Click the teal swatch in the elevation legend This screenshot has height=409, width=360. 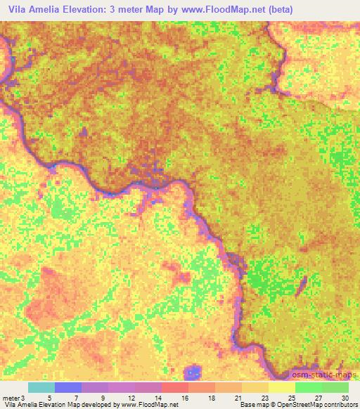point(41,387)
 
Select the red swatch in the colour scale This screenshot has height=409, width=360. point(175,387)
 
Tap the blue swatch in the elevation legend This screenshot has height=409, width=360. point(68,387)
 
